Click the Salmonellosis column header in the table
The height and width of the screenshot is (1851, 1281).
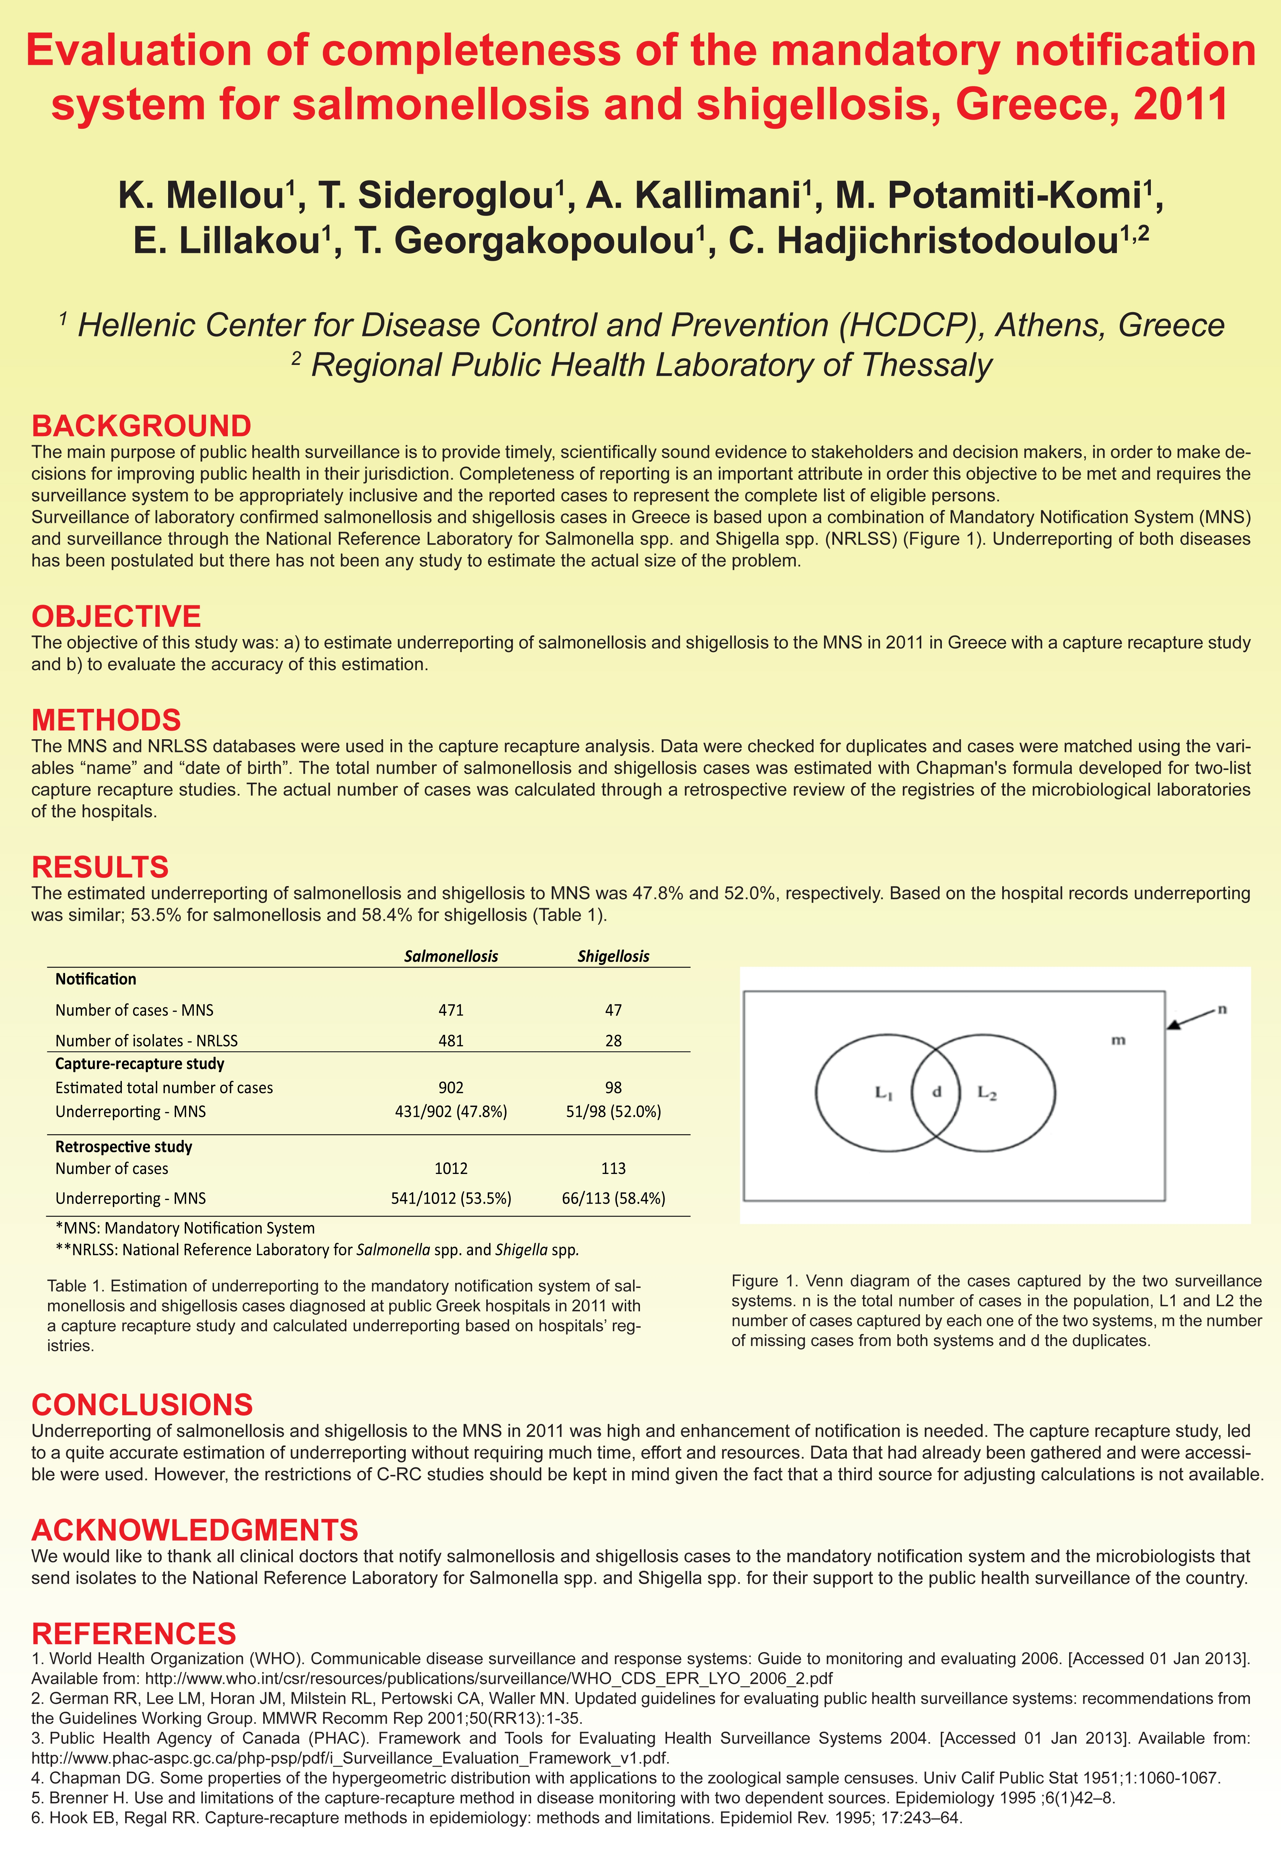pos(451,956)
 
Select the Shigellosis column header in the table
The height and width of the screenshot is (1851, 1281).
pos(613,956)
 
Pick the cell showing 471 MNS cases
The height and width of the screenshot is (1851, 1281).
pos(451,1010)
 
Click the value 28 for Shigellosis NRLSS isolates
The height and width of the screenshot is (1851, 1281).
pos(613,1040)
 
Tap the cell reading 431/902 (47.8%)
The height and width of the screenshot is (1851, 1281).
pos(451,1112)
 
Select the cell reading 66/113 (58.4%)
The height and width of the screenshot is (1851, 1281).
pos(613,1199)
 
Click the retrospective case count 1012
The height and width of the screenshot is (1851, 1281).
pos(451,1169)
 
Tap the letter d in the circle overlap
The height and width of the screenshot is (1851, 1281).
pos(936,1092)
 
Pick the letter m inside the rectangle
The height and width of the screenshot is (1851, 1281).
pos(1118,1040)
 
